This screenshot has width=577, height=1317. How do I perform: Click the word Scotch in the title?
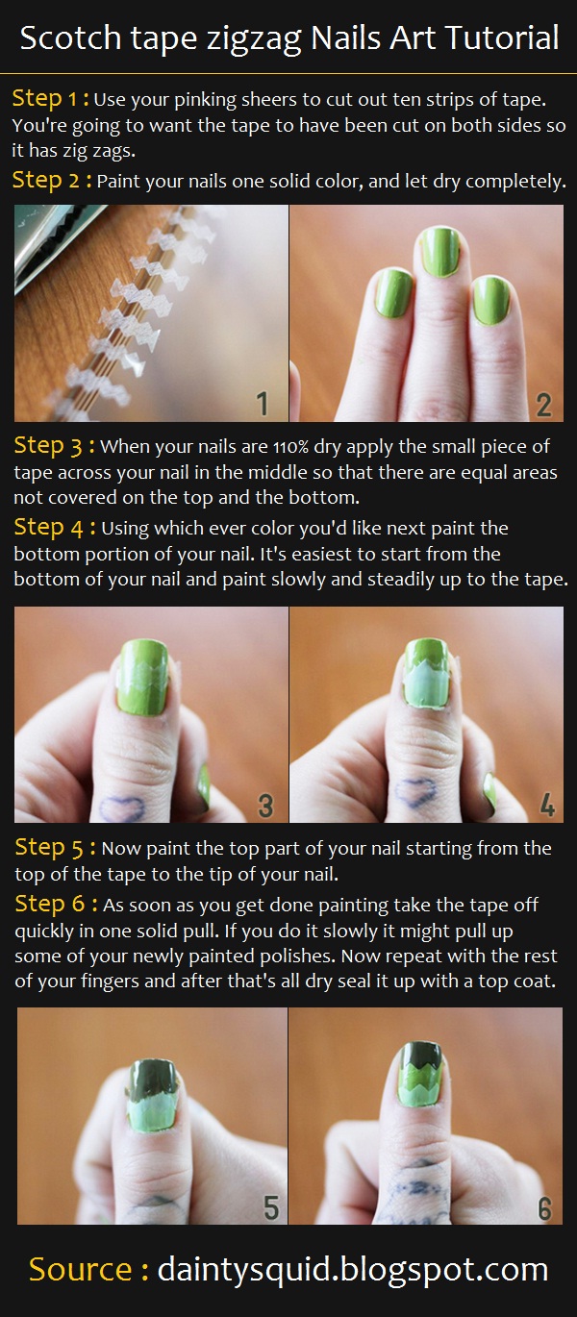click(x=70, y=38)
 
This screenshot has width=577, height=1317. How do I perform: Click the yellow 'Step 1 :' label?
click(x=51, y=98)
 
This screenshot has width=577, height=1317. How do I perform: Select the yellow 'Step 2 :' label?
click(x=52, y=180)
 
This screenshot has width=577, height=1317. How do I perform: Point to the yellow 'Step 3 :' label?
click(x=54, y=445)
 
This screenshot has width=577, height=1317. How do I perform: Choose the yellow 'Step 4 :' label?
click(x=54, y=528)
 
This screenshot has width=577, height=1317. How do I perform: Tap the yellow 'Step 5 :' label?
click(x=55, y=847)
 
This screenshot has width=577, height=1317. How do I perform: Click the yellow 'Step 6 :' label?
click(x=56, y=904)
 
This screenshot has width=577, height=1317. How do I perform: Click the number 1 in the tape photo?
click(x=263, y=404)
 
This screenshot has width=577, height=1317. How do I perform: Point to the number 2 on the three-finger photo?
click(x=544, y=405)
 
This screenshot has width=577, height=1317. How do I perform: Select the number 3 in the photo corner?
click(x=265, y=806)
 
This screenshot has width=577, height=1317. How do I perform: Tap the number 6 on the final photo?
click(x=544, y=1208)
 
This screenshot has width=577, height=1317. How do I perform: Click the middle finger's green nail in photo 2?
click(x=439, y=251)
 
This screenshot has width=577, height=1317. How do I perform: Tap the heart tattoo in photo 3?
click(x=122, y=808)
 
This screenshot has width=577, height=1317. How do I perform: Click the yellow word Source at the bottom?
click(x=81, y=1269)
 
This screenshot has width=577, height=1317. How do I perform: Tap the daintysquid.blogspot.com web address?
click(x=353, y=1270)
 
